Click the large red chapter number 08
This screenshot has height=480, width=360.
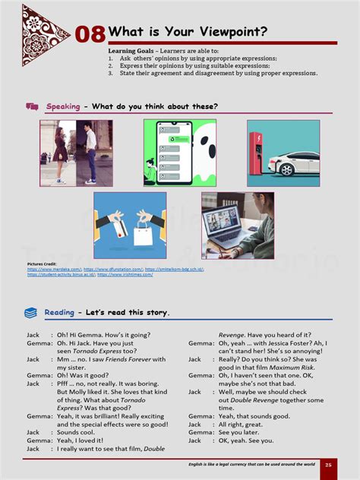90,35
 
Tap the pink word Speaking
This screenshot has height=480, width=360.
63,106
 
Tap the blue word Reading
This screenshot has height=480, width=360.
59,312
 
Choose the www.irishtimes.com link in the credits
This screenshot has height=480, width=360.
123,274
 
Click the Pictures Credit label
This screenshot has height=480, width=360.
42,264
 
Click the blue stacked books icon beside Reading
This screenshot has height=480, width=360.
31,312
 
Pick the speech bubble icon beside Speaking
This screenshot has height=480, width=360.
32,106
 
